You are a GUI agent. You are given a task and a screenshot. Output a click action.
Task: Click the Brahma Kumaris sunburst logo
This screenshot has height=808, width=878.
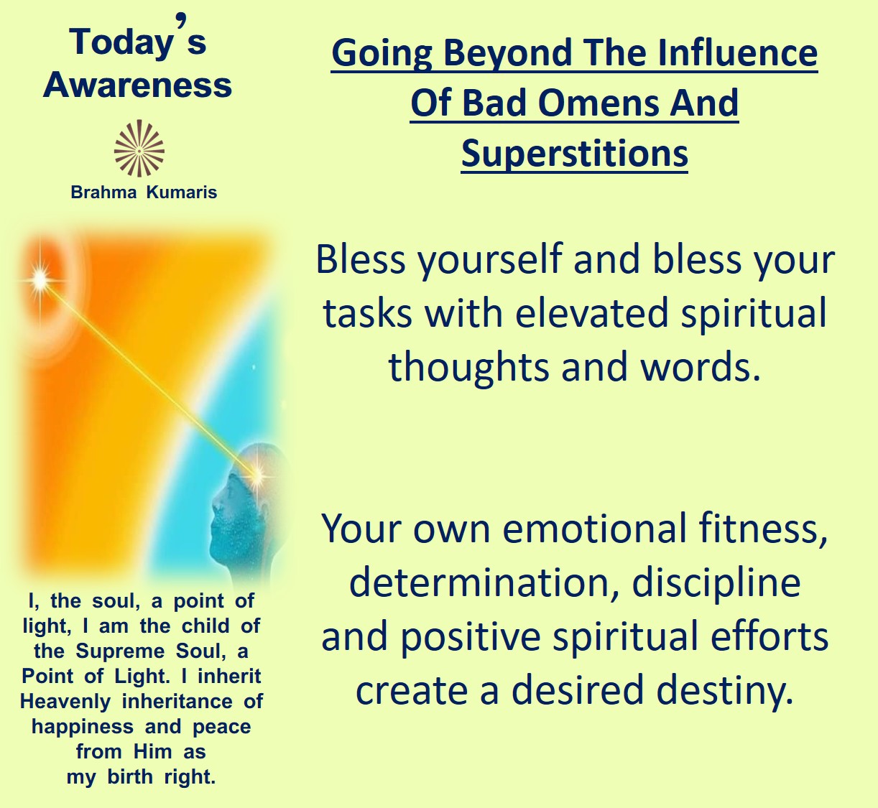[139, 149]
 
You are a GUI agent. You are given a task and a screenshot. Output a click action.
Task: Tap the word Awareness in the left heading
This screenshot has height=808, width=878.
[137, 85]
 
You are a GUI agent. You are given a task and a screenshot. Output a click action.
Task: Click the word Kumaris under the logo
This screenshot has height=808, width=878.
[182, 192]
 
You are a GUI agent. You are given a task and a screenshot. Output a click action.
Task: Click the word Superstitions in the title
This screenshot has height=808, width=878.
[575, 154]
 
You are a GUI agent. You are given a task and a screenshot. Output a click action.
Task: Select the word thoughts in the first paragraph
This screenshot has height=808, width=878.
[468, 368]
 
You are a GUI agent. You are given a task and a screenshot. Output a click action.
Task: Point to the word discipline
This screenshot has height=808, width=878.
[716, 583]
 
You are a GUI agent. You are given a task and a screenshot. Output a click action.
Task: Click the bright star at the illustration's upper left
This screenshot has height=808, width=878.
[40, 279]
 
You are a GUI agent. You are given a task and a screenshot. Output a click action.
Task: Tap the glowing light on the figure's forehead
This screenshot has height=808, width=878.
[257, 473]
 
